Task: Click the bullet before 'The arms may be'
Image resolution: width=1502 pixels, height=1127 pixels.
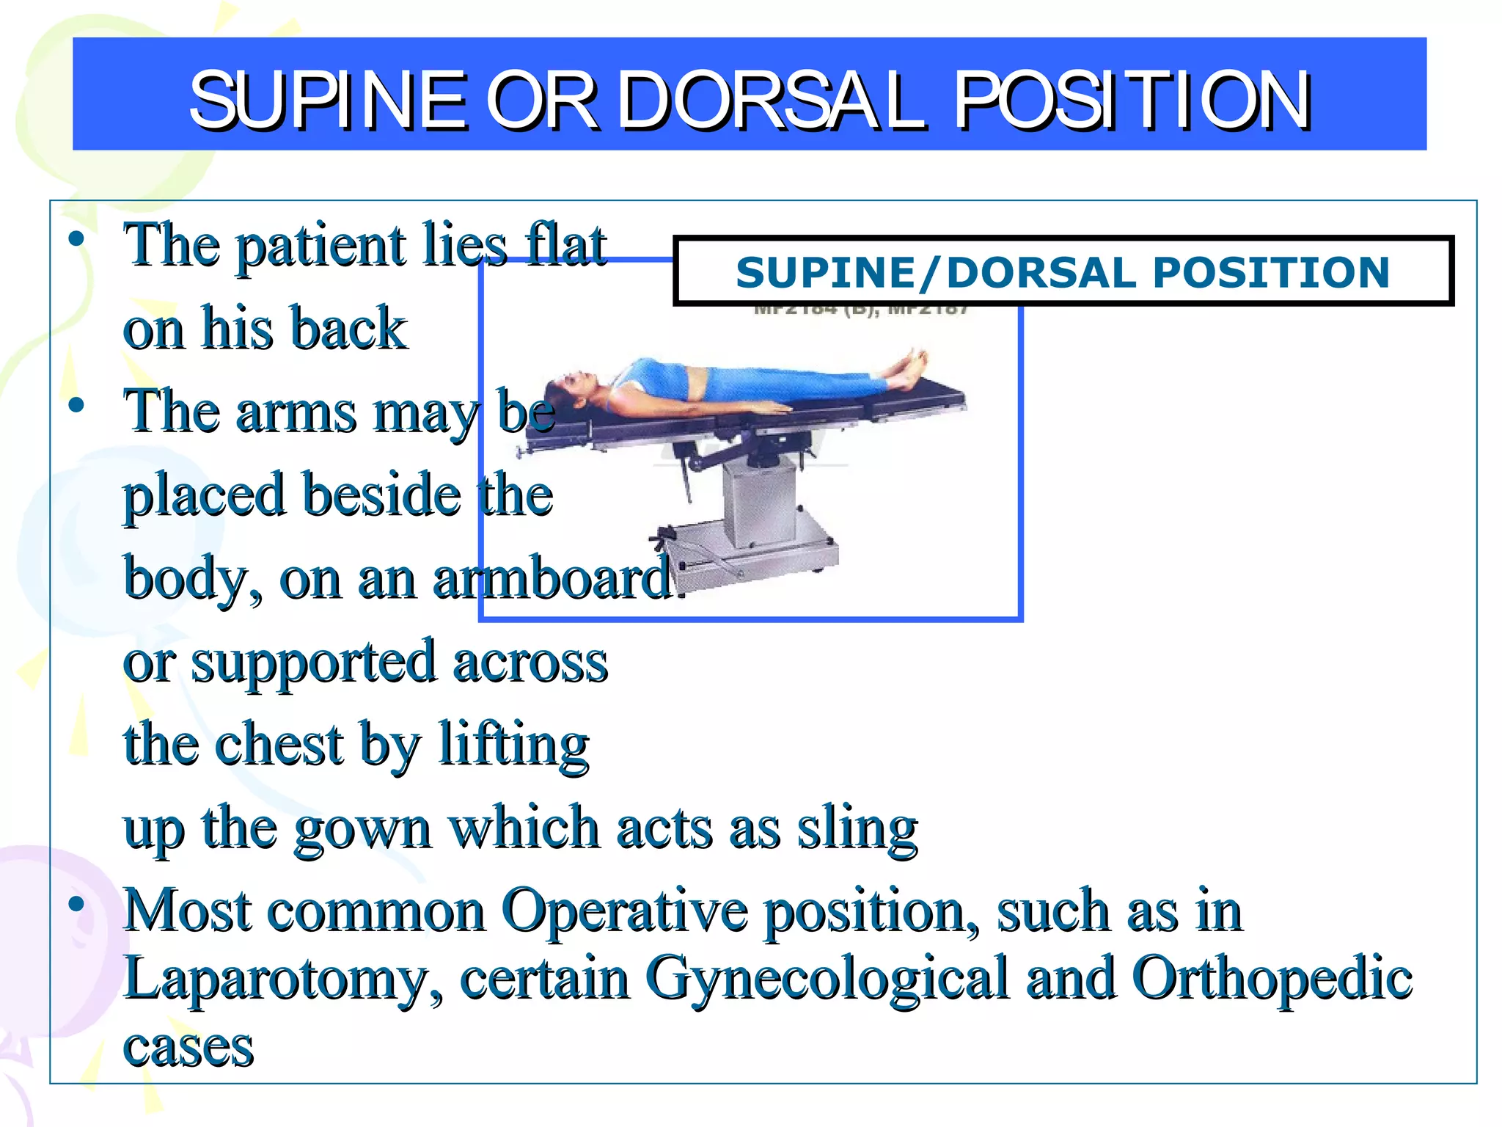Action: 76,405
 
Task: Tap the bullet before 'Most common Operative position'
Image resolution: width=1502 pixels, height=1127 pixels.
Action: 76,903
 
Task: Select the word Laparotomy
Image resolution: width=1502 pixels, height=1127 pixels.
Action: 282,980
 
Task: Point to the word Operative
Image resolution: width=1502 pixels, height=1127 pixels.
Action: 623,911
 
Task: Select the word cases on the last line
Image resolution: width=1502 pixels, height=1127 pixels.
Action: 188,1047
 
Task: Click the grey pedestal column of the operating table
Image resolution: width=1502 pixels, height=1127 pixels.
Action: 759,506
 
